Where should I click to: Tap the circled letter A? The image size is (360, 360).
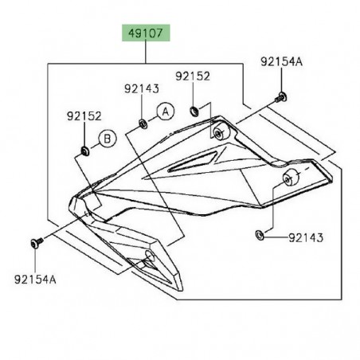[x=164, y=112]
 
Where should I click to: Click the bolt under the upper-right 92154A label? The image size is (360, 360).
[x=282, y=96]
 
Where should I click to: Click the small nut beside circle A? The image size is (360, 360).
[x=142, y=123]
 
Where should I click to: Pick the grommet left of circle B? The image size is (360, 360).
[x=84, y=150]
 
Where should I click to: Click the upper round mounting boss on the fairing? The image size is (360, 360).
[x=221, y=130]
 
